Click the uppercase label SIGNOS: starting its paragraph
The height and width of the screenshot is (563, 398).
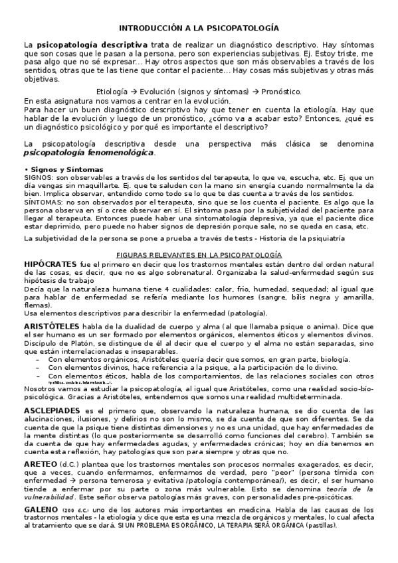39,179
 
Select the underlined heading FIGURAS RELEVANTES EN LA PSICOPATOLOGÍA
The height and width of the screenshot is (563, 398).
199,255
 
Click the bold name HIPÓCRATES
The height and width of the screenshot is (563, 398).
49,264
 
